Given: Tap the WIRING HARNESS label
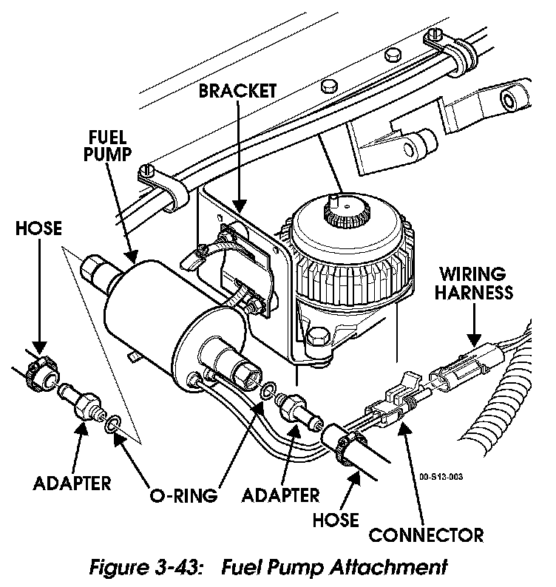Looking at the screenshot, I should [473, 282].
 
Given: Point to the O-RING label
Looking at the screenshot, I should [185, 495].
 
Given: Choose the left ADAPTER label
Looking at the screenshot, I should [72, 483].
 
